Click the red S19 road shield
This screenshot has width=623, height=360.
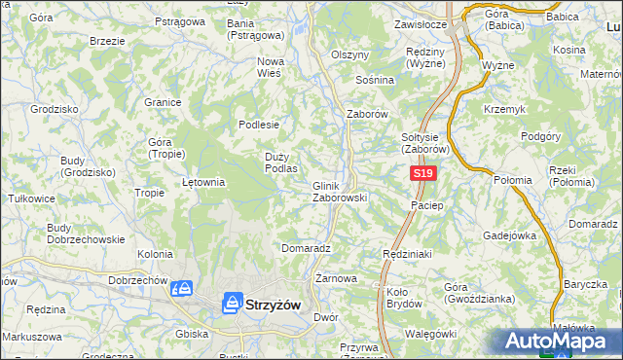coord(421,173)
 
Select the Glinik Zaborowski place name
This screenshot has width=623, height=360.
coord(339,191)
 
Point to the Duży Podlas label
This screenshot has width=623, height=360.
coord(281,162)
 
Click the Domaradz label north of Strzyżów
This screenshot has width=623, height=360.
coord(307,248)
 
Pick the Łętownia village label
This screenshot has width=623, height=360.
coord(204,182)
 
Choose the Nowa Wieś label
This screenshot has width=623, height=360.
coord(270,66)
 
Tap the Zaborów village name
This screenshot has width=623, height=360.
coord(368,114)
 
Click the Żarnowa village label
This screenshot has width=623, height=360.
coord(336,278)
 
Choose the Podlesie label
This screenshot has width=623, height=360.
coord(260,125)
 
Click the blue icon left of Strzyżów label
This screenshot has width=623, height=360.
coord(233,304)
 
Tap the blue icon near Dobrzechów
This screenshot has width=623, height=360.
coord(181,289)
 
